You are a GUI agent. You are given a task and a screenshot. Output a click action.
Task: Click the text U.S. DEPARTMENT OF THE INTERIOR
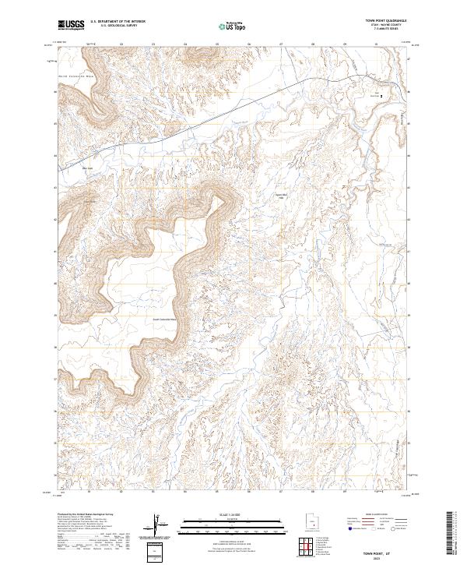[x=117, y=22]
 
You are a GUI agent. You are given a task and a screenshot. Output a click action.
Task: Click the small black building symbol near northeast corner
[x=381, y=96]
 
